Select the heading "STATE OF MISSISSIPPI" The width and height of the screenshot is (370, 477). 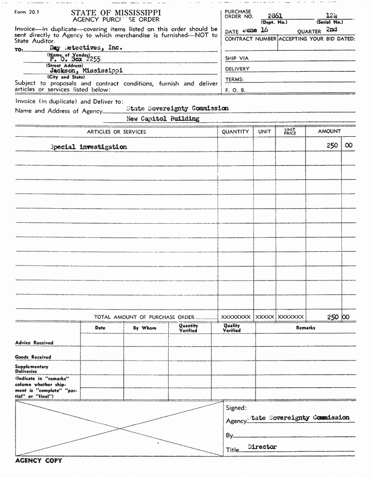(x=116, y=13)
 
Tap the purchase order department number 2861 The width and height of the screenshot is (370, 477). (x=275, y=16)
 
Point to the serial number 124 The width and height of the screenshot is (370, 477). (x=332, y=16)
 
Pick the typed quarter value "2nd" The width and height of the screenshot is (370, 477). (x=332, y=30)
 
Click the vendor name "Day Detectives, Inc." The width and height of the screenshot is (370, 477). (x=86, y=48)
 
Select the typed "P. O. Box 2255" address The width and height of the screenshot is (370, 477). (x=75, y=59)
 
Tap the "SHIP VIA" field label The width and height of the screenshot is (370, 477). (x=237, y=58)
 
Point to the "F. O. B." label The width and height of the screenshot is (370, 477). (x=235, y=90)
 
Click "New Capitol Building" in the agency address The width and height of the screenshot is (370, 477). (x=162, y=118)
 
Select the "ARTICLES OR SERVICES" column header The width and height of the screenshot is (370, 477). (x=116, y=132)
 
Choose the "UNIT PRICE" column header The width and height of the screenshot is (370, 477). (x=290, y=132)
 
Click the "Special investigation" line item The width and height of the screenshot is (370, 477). (x=89, y=147)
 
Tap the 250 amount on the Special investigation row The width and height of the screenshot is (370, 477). (x=332, y=146)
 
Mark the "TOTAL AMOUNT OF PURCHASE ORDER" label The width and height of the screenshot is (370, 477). (x=144, y=317)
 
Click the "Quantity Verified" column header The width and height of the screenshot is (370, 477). (x=188, y=329)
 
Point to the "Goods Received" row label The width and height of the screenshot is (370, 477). (x=33, y=357)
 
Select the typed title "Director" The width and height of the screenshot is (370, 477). (x=262, y=446)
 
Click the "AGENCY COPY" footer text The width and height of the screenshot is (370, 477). (x=39, y=461)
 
